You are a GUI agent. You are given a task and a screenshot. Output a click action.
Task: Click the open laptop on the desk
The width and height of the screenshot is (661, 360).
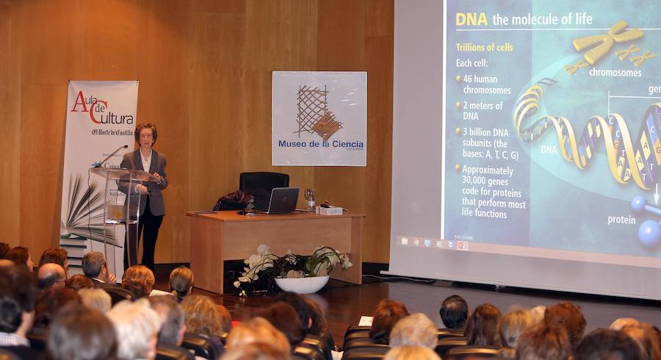tap(283, 201)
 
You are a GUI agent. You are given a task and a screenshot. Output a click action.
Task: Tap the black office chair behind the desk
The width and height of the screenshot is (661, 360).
tap(262, 186)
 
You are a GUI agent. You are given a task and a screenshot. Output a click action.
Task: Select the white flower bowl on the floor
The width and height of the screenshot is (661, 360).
tap(301, 284)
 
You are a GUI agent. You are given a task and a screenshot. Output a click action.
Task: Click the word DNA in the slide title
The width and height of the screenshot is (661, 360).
tap(472, 19)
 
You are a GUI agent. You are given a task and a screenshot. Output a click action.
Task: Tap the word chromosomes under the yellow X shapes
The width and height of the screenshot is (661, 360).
tap(615, 72)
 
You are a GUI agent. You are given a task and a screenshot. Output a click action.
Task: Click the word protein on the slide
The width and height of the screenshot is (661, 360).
tap(621, 219)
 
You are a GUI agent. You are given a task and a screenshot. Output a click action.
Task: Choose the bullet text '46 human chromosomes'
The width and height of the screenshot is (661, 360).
tap(487, 84)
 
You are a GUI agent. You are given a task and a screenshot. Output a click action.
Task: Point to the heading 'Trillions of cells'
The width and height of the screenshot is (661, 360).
tap(485, 47)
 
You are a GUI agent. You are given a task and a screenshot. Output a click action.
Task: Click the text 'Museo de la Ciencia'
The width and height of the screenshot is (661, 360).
tap(320, 144)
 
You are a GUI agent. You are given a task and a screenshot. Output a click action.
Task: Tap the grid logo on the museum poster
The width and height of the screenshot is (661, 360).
tap(317, 112)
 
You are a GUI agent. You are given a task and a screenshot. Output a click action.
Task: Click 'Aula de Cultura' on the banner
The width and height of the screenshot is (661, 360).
tap(102, 109)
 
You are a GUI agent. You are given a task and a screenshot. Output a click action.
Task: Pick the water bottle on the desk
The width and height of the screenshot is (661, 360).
tap(311, 199)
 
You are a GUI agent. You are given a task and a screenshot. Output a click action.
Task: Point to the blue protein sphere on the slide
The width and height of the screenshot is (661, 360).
tap(649, 233)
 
